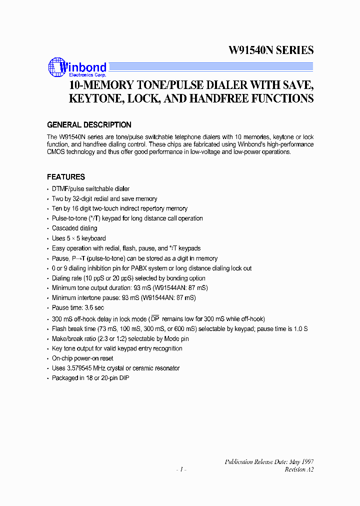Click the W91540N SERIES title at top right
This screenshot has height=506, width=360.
[271, 50]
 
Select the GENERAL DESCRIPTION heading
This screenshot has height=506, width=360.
[89, 125]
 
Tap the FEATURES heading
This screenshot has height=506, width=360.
[65, 177]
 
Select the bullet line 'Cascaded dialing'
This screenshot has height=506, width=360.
[74, 228]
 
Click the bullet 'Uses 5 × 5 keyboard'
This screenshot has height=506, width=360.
[78, 238]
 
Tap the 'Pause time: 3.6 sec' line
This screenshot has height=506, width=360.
[77, 308]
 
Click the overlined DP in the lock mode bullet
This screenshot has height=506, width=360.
[155, 319]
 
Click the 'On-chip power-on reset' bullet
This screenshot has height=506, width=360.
[82, 358]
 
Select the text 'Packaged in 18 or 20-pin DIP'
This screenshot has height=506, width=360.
[90, 378]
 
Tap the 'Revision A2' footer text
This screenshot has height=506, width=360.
[299, 469]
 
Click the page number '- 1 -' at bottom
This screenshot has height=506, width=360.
[181, 469]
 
